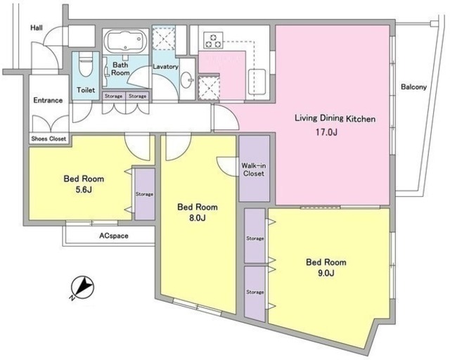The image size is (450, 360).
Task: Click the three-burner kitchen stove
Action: [213, 40]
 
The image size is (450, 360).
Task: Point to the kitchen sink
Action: [257, 82]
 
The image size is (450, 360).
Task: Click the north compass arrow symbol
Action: [83, 288]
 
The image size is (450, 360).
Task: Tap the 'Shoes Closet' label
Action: [49, 139]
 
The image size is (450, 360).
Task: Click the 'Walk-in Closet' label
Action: [254, 169]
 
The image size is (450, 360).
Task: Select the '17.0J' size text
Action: [326, 132]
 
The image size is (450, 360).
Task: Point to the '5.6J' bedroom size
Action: [84, 190]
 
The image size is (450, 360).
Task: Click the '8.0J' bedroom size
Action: [197, 218]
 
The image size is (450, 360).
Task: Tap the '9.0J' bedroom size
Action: [326, 273]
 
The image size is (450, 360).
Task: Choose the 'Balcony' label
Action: [414, 87]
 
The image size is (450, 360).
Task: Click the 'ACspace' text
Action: [114, 236]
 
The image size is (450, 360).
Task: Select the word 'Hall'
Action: [37, 28]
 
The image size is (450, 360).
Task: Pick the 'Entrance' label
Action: [48, 100]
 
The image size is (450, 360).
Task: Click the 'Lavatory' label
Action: [166, 67]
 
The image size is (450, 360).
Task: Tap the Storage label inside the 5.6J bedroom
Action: [144, 194]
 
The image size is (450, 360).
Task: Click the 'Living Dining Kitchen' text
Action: [335, 119]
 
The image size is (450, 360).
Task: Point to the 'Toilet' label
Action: [86, 90]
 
